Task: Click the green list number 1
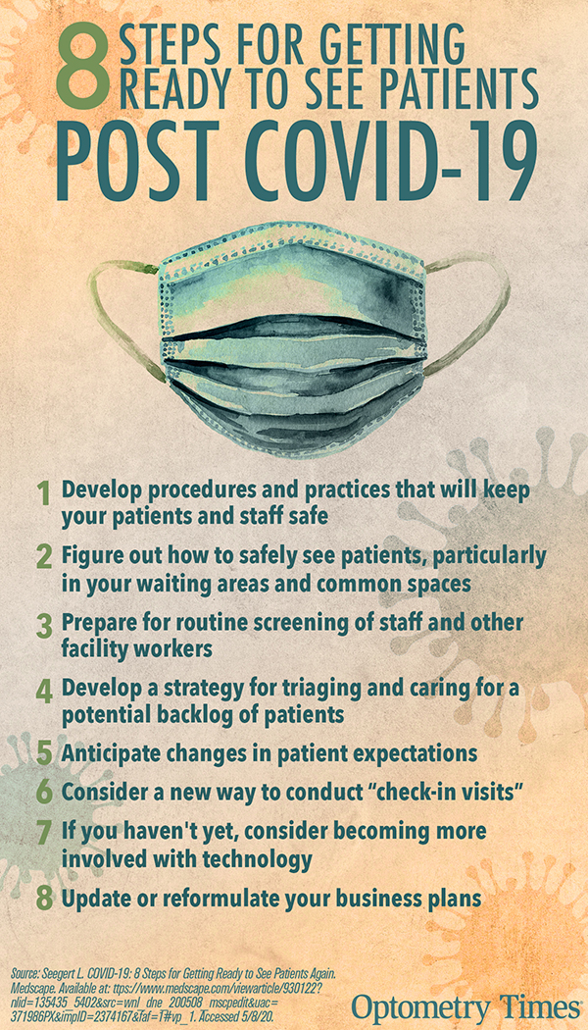[x=43, y=494]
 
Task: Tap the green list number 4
[x=44, y=693]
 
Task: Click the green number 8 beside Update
[x=44, y=900]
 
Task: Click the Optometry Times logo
[x=465, y=1006]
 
